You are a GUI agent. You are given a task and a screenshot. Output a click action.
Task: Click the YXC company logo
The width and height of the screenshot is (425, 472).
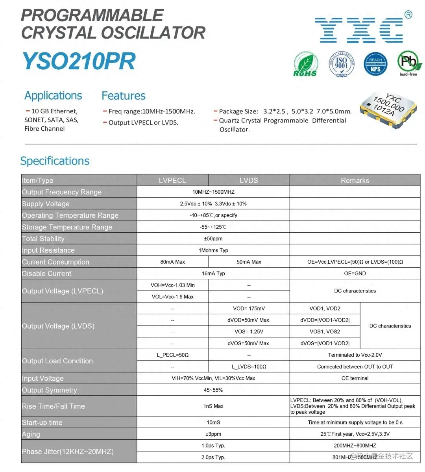[x=359, y=30]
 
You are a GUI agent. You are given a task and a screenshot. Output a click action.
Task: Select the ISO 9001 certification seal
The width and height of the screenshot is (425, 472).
[x=341, y=64]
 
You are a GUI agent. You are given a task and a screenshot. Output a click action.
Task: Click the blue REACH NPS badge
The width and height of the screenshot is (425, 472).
[x=375, y=64]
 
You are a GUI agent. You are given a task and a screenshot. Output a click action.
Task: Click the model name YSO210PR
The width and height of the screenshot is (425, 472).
[x=79, y=61]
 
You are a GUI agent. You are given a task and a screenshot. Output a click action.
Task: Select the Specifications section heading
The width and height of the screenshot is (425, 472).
[x=55, y=161]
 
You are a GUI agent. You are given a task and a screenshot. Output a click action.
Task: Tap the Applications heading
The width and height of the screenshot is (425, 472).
[x=53, y=96]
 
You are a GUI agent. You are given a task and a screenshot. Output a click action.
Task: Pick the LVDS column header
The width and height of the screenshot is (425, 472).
[x=249, y=180]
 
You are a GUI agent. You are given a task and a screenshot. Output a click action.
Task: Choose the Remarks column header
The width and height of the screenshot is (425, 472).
[x=355, y=180]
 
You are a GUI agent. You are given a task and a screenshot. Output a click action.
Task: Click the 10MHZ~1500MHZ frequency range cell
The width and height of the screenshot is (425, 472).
[x=213, y=192]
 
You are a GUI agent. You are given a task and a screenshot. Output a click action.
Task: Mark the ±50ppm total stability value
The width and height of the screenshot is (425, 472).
[x=213, y=239]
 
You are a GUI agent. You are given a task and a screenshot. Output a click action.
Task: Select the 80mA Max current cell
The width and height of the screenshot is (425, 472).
[x=172, y=262]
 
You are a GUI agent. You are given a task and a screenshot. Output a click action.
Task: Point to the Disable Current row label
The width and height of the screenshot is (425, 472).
[x=47, y=274]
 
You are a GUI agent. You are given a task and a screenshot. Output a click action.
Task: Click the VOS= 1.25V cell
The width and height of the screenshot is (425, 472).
[x=249, y=332]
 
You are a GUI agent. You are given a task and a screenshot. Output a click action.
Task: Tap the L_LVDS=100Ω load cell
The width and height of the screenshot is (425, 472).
[x=249, y=367]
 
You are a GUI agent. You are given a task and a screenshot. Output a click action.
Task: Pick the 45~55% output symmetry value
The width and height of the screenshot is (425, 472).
[x=213, y=390]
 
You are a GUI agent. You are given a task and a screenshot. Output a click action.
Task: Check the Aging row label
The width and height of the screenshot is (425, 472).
[x=31, y=434]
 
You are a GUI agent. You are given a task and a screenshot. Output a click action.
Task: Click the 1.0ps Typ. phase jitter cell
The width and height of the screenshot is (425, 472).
[x=213, y=446]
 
